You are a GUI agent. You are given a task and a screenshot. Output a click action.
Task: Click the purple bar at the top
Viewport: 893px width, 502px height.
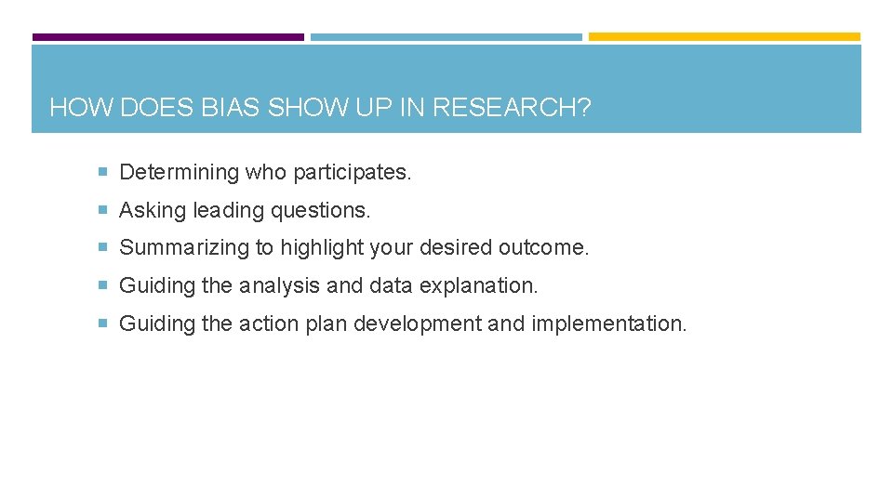click(168, 37)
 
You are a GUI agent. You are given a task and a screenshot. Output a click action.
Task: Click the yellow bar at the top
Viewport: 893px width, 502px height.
click(725, 37)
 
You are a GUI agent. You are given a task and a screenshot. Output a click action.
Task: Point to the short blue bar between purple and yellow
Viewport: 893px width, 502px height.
click(446, 37)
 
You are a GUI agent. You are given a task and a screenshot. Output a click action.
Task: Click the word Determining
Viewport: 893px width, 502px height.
click(180, 172)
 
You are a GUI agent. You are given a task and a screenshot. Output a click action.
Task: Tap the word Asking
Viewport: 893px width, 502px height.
click(153, 210)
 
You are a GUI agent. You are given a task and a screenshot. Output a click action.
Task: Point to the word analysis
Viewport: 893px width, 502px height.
click(280, 286)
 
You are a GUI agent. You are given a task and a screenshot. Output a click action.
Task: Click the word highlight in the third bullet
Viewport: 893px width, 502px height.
click(321, 248)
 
